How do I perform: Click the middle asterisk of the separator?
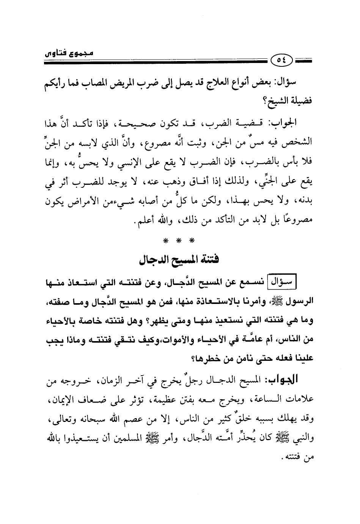[x=181, y=240]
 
